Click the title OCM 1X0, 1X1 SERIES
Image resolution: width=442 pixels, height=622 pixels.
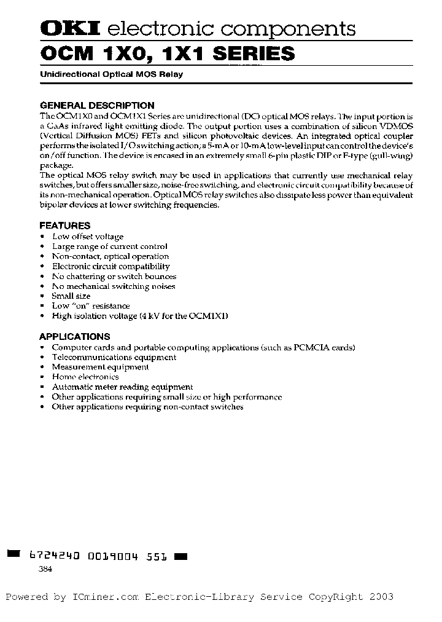click(x=167, y=54)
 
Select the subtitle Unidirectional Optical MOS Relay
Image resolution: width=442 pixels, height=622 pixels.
click(x=111, y=74)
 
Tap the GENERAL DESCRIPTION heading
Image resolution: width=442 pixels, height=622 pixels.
click(x=97, y=105)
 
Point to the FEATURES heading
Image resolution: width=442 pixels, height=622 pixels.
click(x=64, y=226)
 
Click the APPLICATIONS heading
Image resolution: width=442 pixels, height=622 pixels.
click(x=75, y=336)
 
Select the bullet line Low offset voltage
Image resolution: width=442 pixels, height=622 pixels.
click(x=87, y=237)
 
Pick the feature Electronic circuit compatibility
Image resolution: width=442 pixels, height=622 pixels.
click(x=110, y=266)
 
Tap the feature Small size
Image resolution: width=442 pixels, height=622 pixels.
click(x=71, y=296)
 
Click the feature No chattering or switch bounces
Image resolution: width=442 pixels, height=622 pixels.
click(x=114, y=276)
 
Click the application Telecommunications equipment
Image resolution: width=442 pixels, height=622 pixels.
click(x=114, y=357)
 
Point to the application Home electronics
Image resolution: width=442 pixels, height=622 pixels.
click(x=85, y=377)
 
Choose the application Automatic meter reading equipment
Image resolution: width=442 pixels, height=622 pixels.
click(x=122, y=387)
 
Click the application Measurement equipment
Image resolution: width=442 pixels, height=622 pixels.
click(x=100, y=367)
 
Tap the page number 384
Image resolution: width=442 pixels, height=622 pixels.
click(x=45, y=569)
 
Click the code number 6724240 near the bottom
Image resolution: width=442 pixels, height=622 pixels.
click(x=55, y=556)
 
